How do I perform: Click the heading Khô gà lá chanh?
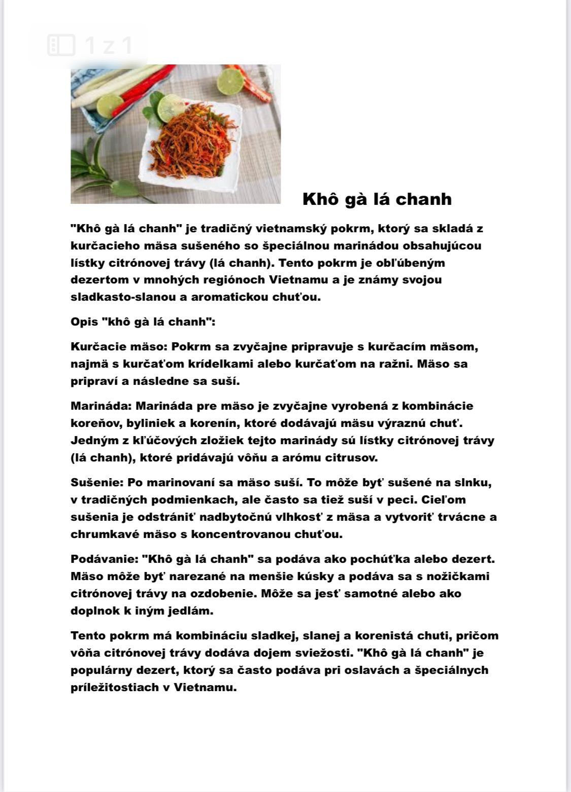coord(377,199)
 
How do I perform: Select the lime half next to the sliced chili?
coord(231,80)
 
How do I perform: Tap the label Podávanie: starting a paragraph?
coord(105,559)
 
